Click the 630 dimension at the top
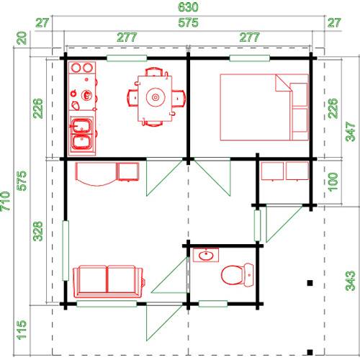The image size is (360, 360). click(188, 6)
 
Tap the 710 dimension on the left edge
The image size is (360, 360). click(5, 201)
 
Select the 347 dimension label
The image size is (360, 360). click(351, 132)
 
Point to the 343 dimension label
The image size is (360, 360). click(351, 281)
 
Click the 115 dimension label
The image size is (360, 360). click(22, 330)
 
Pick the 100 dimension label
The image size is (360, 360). click(333, 182)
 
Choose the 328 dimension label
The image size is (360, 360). click(37, 231)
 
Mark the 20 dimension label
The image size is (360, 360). click(22, 38)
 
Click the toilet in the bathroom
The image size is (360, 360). click(238, 275)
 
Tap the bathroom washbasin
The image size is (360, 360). click(206, 255)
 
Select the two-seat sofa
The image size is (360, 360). click(109, 282)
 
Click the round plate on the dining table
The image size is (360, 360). click(156, 97)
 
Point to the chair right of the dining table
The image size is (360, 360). click(179, 98)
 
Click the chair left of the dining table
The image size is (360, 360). click(132, 98)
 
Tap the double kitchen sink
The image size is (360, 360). click(81, 134)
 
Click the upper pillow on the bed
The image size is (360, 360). click(299, 94)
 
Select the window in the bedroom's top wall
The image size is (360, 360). click(250, 58)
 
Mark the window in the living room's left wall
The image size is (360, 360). click(66, 251)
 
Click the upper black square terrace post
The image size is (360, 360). click(310, 283)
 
